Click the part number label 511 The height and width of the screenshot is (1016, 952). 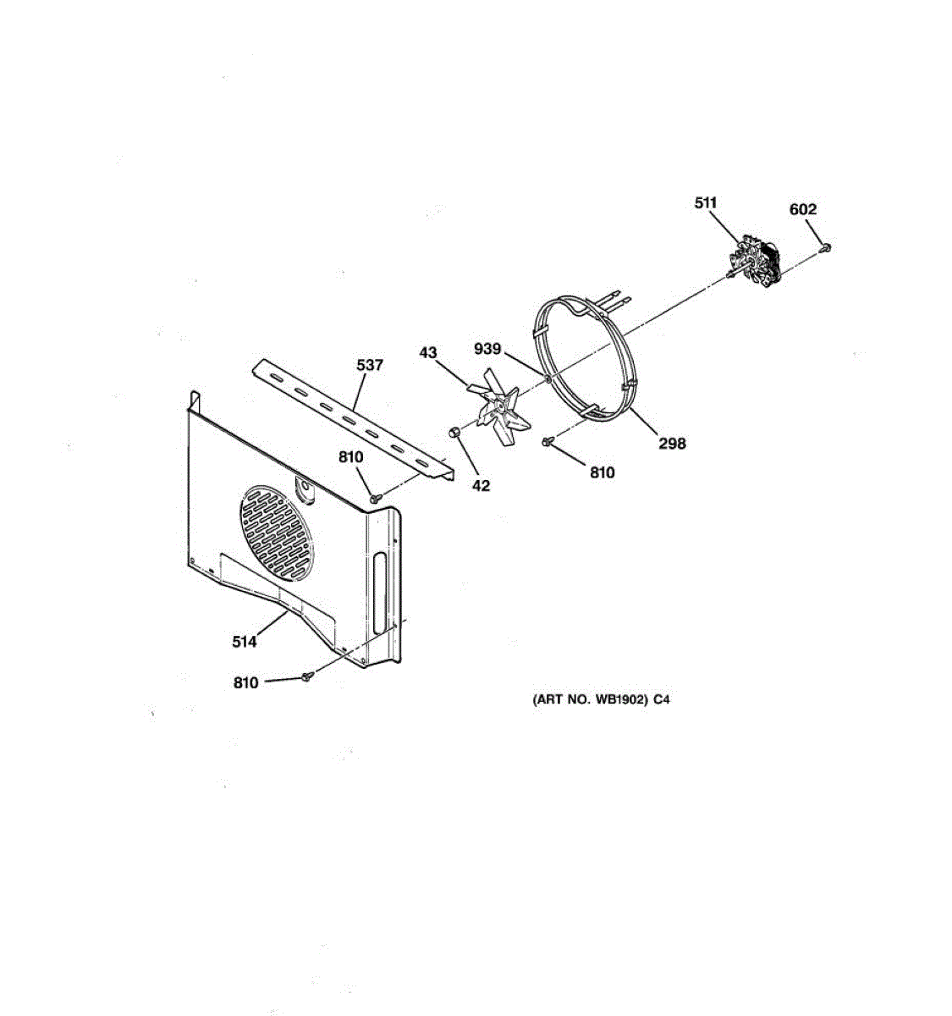[705, 203]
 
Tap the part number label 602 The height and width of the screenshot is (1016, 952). [802, 209]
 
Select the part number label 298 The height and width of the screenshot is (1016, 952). [672, 444]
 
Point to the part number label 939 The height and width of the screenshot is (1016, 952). [487, 349]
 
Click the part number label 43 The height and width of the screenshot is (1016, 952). [428, 352]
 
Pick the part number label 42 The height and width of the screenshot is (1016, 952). [481, 485]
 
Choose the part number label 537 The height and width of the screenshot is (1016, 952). [369, 365]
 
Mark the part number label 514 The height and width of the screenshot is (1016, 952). [244, 642]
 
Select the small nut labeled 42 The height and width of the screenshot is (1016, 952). [454, 433]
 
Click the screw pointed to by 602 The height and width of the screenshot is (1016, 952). [824, 247]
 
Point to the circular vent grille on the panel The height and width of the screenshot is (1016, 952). [276, 533]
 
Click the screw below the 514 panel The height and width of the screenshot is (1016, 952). [307, 676]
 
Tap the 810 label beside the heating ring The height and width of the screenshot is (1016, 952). [603, 472]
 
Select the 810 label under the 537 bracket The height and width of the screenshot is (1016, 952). [351, 457]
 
